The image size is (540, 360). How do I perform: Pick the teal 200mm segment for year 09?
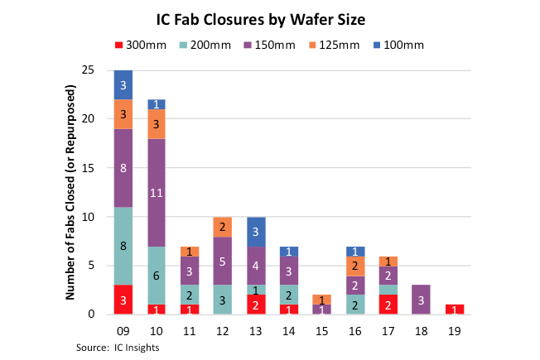point(124,246)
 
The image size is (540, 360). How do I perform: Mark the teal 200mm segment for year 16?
point(354,305)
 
